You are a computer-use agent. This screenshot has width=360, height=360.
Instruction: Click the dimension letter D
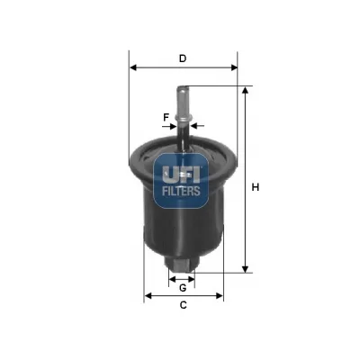pos(183,58)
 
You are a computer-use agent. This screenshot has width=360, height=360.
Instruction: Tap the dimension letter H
pos(255,187)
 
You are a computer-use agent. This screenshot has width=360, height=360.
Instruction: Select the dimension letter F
pos(166,117)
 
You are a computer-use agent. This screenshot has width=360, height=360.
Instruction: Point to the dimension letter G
pos(183,288)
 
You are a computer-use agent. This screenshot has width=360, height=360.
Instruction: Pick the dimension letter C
pos(183,305)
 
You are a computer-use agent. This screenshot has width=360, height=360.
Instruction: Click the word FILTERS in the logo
pos(181,191)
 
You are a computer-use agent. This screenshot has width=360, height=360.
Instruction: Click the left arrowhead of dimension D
pos(133,67)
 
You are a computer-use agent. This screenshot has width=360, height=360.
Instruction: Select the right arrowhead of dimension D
pos(234,67)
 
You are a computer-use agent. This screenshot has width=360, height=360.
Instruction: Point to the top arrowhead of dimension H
pos(246,90)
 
